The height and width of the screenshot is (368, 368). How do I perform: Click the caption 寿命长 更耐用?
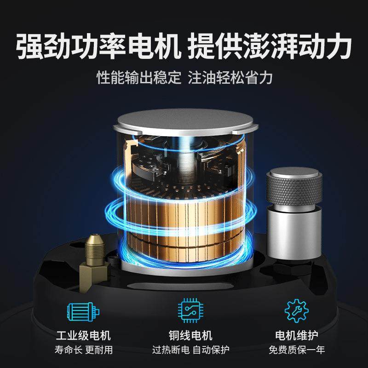(83, 350)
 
